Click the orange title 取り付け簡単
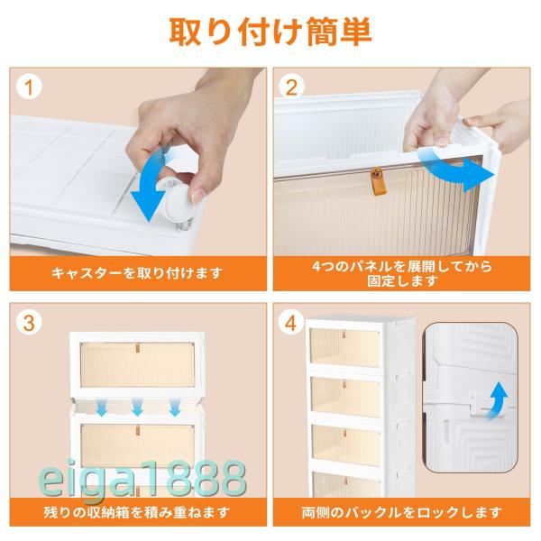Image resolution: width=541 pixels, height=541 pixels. (270, 32)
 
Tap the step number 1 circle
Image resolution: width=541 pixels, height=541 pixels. (29, 87)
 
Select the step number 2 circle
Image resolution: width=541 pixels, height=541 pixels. (291, 87)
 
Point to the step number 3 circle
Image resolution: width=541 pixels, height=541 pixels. (29, 323)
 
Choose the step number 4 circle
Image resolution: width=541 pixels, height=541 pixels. (291, 323)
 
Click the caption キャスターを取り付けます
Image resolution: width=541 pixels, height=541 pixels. (137, 273)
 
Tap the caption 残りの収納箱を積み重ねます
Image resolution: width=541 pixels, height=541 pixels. (137, 511)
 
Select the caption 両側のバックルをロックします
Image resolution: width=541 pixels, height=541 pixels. (401, 512)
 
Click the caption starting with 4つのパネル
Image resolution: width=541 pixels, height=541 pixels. (401, 273)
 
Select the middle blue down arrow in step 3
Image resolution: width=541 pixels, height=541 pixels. (137, 407)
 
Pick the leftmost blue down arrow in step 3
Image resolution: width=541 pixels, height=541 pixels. (101, 407)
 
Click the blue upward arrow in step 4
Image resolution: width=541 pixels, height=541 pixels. (499, 400)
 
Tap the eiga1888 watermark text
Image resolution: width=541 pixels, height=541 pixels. (142, 478)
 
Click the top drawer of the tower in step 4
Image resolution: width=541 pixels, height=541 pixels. (344, 347)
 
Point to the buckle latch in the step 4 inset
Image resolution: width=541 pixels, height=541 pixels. (476, 404)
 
